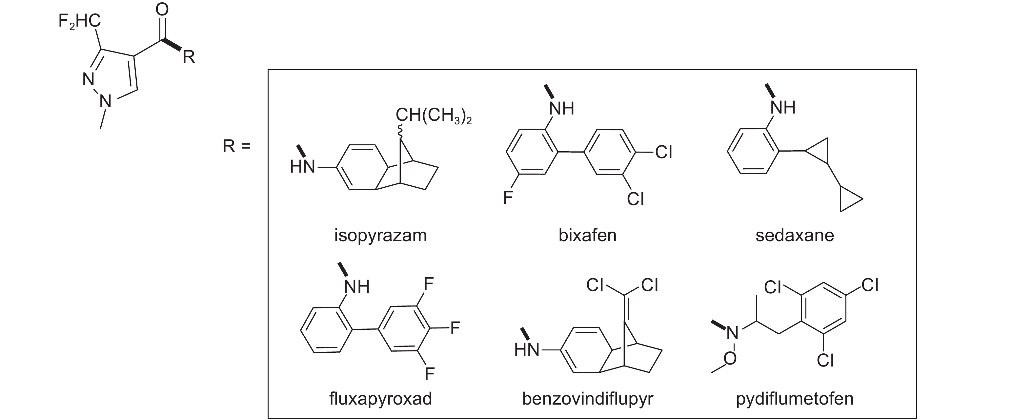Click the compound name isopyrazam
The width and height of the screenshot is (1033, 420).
pyautogui.click(x=380, y=236)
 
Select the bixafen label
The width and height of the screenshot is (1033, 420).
pyautogui.click(x=587, y=236)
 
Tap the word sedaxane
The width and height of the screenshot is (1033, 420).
pyautogui.click(x=794, y=236)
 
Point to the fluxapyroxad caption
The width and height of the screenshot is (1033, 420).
pyautogui.click(x=380, y=399)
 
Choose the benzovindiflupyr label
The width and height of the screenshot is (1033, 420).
pyautogui.click(x=587, y=399)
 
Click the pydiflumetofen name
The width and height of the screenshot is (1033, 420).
pyautogui.click(x=794, y=399)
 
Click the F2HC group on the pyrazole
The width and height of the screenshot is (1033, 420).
pyautogui.click(x=79, y=21)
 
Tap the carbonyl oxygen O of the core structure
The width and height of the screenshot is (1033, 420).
pyautogui.click(x=162, y=10)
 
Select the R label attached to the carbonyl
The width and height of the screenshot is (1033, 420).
pyautogui.click(x=189, y=57)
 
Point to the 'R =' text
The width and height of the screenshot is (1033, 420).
pyautogui.click(x=236, y=146)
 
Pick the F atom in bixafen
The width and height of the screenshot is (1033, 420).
pyautogui.click(x=508, y=198)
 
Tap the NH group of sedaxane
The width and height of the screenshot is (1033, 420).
pyautogui.click(x=783, y=108)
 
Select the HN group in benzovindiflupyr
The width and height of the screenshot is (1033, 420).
pyautogui.click(x=527, y=350)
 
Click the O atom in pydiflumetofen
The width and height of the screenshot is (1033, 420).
pyautogui.click(x=730, y=358)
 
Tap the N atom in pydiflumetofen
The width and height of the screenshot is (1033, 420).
pyautogui.click(x=732, y=332)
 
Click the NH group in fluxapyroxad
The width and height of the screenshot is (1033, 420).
pyautogui.click(x=356, y=287)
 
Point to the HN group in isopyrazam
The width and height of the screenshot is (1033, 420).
pyautogui.click(x=302, y=166)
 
